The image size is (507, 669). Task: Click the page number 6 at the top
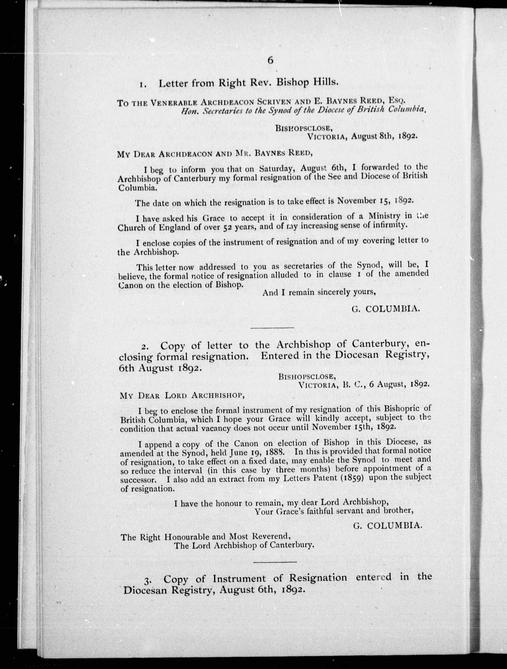point(270,61)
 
